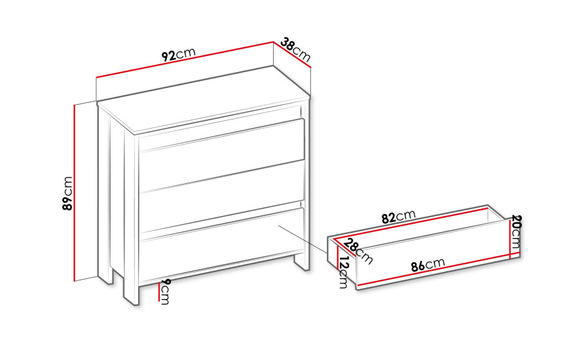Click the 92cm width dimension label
179,55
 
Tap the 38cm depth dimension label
296,50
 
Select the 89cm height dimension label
67,194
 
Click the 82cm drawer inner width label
398,217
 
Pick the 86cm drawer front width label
428,265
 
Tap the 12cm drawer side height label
343,272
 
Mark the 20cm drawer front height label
516,232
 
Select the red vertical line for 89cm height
75,193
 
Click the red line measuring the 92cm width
185,60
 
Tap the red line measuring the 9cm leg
159,292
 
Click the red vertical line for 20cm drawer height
509,239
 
